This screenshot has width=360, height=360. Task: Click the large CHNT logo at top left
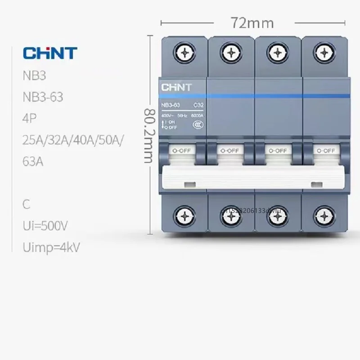coord(50,53)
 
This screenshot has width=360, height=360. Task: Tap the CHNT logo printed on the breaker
coord(176,87)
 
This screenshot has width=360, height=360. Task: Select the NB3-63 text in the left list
coord(43,97)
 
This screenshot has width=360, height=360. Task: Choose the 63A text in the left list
coord(33,161)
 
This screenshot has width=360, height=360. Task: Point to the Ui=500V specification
coord(46,225)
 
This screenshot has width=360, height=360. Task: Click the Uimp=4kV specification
coord(51,247)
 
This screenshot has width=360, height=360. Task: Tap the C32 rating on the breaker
coord(198,105)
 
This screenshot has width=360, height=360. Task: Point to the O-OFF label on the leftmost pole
coord(182,151)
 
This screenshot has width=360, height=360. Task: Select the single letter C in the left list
coord(27,204)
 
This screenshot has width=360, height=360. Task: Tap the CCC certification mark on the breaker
coord(197,125)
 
